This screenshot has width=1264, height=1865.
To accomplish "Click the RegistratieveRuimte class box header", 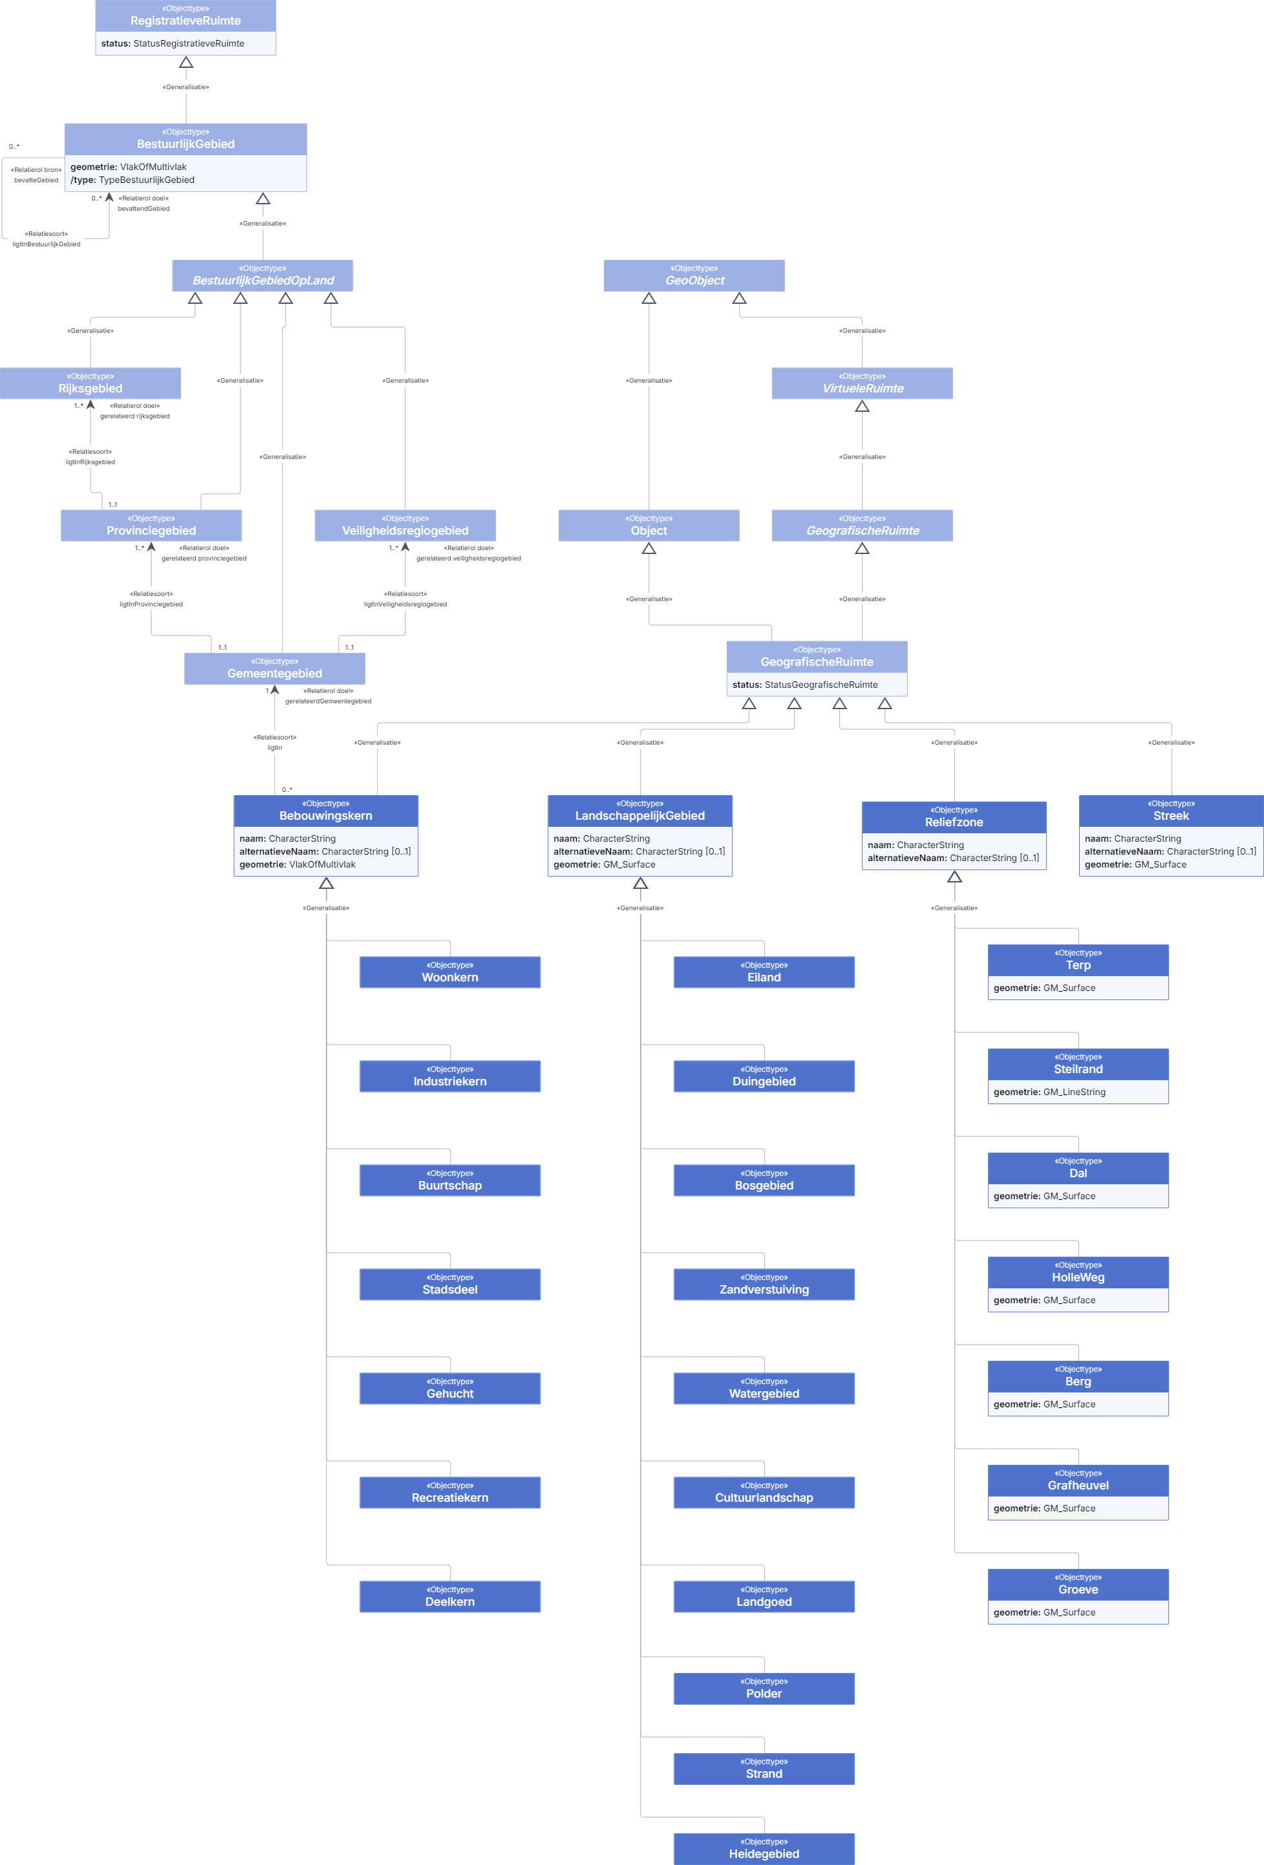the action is coord(186,16).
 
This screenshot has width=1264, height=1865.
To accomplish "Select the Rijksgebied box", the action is coord(90,383).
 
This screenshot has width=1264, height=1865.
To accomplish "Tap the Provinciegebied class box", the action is coord(151,526).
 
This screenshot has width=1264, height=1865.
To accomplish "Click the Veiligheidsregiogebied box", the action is coord(405,526).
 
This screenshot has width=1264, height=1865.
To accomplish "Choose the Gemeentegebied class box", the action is coord(275,668).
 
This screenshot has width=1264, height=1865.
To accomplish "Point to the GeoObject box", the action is coord(694,275).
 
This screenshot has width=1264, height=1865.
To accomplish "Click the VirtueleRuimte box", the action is coord(862,383).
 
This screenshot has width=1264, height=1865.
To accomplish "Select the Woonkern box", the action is coord(450,972).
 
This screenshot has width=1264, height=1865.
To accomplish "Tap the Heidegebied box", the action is coord(764,1848).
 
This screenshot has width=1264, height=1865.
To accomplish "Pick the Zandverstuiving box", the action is coord(764,1284).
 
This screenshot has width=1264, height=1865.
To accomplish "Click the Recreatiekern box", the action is coord(450,1492).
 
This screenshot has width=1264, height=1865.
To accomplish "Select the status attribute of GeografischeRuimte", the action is coord(805,685).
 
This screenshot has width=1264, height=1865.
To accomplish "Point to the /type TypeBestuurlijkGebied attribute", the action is coord(133,180).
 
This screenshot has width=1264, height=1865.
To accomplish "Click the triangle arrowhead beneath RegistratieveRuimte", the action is coord(186,62).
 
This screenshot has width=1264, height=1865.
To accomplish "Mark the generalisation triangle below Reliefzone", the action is coord(954,877).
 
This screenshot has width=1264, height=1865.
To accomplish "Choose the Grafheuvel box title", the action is coord(1078,1486).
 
